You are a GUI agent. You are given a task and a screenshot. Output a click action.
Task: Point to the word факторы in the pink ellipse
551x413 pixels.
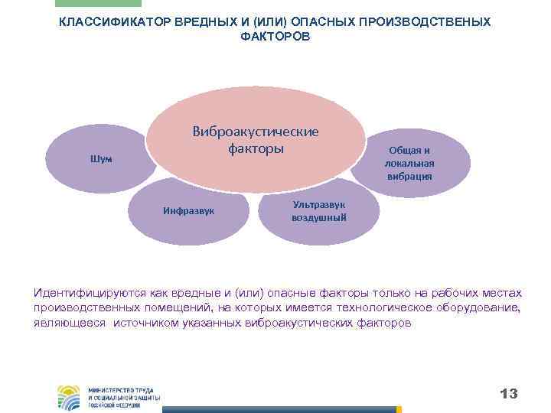click(255, 148)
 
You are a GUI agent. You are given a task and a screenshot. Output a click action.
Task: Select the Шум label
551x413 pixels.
click(101, 159)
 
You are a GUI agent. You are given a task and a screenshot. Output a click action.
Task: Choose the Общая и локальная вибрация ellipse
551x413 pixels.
click(409, 163)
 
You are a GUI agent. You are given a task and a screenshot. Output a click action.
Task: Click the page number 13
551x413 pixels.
click(508, 394)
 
